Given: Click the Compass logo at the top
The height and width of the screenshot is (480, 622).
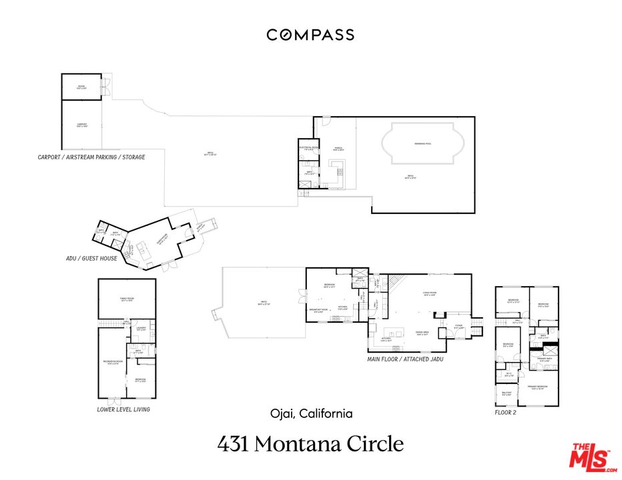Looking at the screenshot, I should click(x=310, y=35).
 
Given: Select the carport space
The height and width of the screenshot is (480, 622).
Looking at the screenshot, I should click(x=81, y=125).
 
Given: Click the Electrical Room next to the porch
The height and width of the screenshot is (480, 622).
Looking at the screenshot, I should click(x=308, y=150).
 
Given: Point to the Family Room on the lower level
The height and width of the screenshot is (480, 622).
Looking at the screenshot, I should click(x=127, y=299).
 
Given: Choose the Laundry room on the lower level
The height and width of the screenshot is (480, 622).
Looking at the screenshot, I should click(x=141, y=329).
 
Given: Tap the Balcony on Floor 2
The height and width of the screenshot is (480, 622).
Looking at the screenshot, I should click(x=506, y=393).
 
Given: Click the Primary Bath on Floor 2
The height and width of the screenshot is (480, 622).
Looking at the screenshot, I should click(x=545, y=361).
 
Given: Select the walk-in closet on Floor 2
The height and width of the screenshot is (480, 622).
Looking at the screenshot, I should click(x=509, y=374).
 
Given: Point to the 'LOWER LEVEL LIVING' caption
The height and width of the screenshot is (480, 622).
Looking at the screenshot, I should click(x=123, y=409).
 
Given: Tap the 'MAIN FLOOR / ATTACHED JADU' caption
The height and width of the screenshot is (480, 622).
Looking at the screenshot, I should click(x=405, y=359).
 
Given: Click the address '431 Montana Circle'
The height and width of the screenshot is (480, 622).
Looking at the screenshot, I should click(x=310, y=443).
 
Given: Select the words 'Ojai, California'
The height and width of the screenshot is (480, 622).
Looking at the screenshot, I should click(x=310, y=413).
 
